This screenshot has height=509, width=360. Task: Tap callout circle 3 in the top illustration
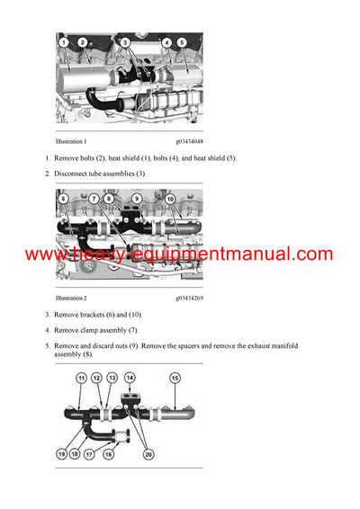pos(125,42)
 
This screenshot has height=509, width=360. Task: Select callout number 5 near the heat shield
pos(182,42)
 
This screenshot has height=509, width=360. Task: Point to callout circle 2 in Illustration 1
pos(83,42)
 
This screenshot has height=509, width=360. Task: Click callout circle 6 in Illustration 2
pos(63,198)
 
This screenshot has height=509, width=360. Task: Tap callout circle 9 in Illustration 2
pos(137,198)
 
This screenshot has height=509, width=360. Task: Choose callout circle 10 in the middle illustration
pos(170,198)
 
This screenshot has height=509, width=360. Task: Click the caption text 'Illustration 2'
pos(71,297)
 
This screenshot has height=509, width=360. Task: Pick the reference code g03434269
pos(189,297)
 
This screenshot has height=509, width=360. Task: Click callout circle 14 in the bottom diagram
pos(130,378)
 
